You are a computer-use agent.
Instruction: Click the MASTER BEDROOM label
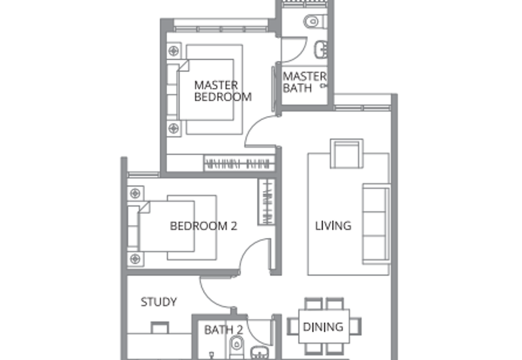tap(223, 91)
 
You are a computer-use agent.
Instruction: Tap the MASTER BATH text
tap(303, 82)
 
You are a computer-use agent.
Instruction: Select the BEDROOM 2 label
tap(203, 226)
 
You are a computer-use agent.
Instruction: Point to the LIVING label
tap(333, 226)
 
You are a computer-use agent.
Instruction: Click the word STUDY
tap(159, 302)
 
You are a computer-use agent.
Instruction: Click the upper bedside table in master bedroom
tap(173, 50)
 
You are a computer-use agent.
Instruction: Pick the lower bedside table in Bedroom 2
tap(134, 259)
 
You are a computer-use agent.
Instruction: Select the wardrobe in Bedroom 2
tap(266, 202)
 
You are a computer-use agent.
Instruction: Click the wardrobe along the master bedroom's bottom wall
tap(238, 164)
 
